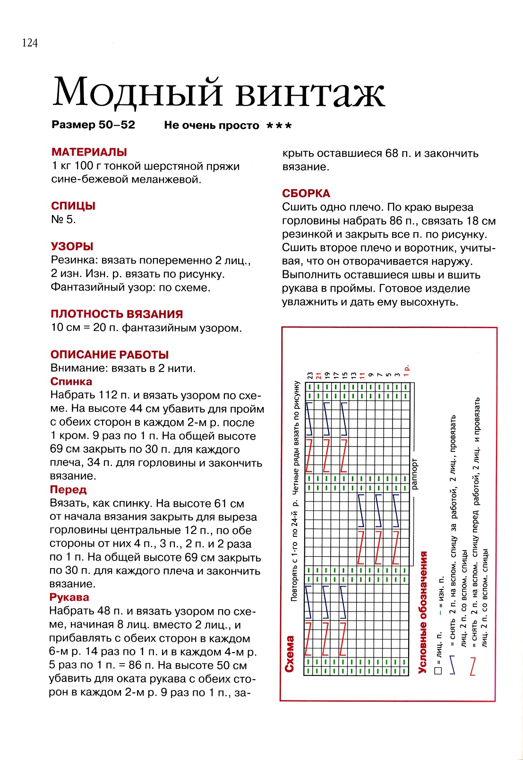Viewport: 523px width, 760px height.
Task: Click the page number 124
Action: tap(30, 43)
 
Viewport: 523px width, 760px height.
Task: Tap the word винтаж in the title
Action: tap(310, 93)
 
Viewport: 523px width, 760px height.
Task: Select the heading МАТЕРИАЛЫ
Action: tap(89, 152)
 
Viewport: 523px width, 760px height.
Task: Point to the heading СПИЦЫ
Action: tap(73, 206)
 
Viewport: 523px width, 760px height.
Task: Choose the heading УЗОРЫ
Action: tap(72, 246)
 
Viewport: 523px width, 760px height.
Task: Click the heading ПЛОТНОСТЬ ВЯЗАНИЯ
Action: tap(117, 314)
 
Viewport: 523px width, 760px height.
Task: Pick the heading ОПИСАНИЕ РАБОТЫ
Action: tap(110, 354)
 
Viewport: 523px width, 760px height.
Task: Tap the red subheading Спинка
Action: tap(71, 381)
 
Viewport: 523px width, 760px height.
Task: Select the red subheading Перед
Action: tap(69, 490)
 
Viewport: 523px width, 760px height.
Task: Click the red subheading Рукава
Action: tap(69, 597)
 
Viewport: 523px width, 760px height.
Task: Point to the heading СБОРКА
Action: tap(306, 193)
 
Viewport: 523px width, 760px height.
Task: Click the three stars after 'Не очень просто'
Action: tap(279, 126)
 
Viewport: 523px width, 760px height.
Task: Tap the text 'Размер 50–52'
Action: tap(94, 125)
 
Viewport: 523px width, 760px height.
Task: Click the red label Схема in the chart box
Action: tap(290, 654)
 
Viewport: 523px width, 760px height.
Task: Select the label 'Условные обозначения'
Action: tap(423, 612)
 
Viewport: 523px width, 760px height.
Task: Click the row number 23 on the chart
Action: tap(310, 376)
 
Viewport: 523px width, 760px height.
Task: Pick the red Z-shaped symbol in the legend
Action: tap(472, 666)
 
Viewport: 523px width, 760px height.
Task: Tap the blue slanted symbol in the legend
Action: tap(452, 664)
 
